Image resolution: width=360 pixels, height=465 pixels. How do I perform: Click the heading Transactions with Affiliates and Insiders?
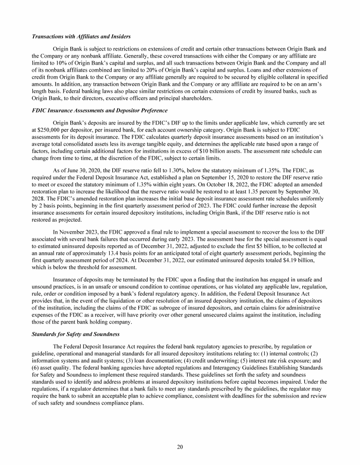pyautogui.click(x=81, y=37)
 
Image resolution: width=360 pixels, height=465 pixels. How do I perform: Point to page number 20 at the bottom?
pyautogui.click(x=180, y=446)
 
